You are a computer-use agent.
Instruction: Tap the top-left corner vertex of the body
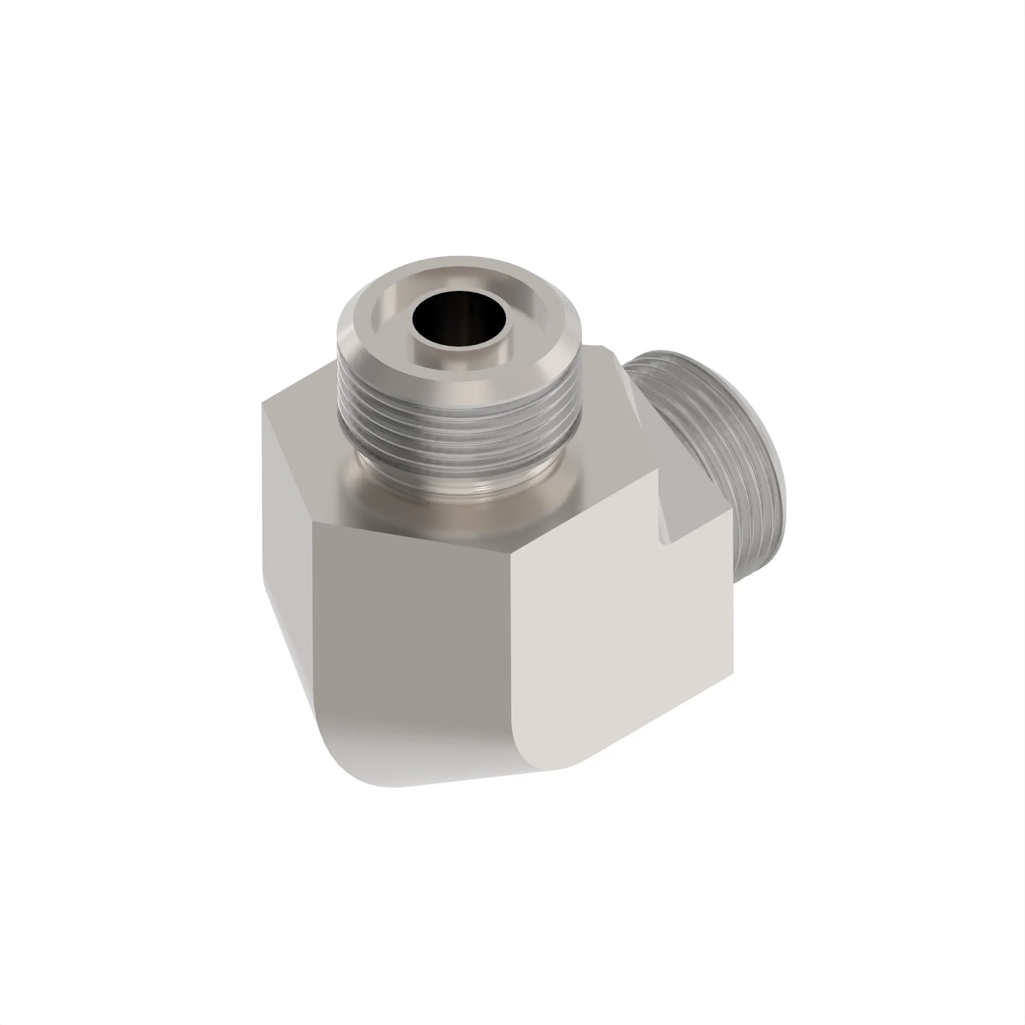(x=262, y=402)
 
